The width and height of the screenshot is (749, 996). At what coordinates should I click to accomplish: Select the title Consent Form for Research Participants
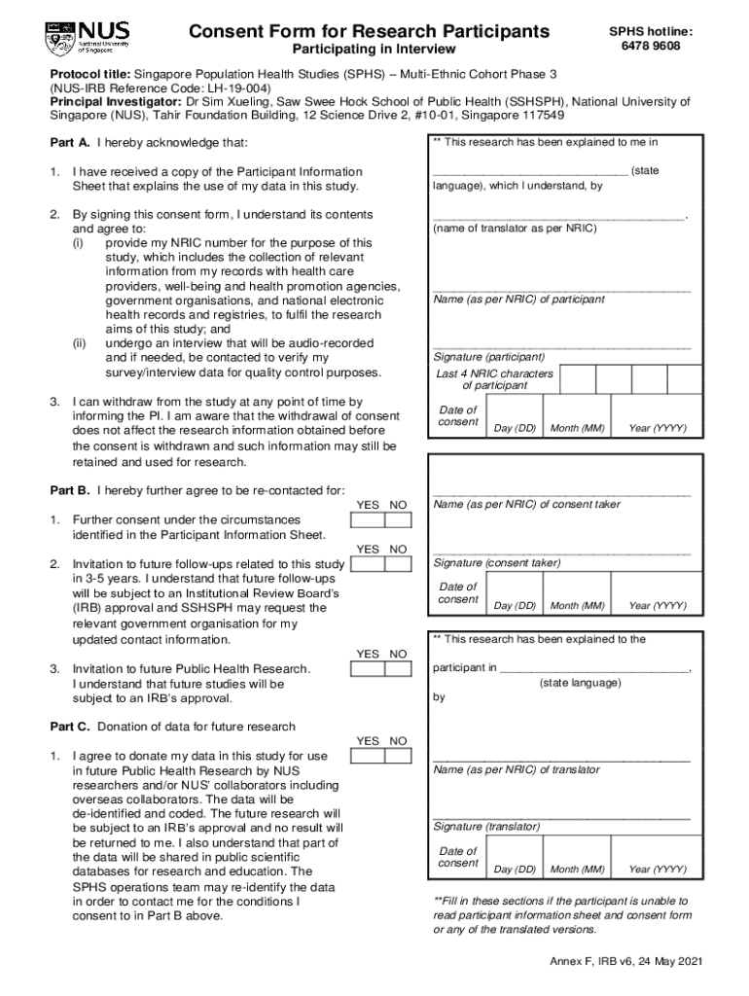369,31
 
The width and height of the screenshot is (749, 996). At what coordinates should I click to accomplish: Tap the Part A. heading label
70,143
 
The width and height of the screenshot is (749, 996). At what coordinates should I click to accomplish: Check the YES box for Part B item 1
368,520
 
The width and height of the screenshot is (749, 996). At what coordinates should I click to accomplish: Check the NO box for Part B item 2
398,564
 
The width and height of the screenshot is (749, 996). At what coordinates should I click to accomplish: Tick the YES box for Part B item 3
368,669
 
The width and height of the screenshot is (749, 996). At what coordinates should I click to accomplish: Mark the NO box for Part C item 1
398,756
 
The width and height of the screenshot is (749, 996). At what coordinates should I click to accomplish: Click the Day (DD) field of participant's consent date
515,414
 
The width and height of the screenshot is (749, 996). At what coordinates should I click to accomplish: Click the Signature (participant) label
489,357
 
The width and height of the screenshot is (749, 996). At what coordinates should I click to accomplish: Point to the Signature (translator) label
486,827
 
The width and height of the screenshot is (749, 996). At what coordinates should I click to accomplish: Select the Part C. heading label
70,727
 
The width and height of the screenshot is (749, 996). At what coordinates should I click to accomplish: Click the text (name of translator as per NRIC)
515,229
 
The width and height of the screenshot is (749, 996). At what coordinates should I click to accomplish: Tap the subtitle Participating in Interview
368,50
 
